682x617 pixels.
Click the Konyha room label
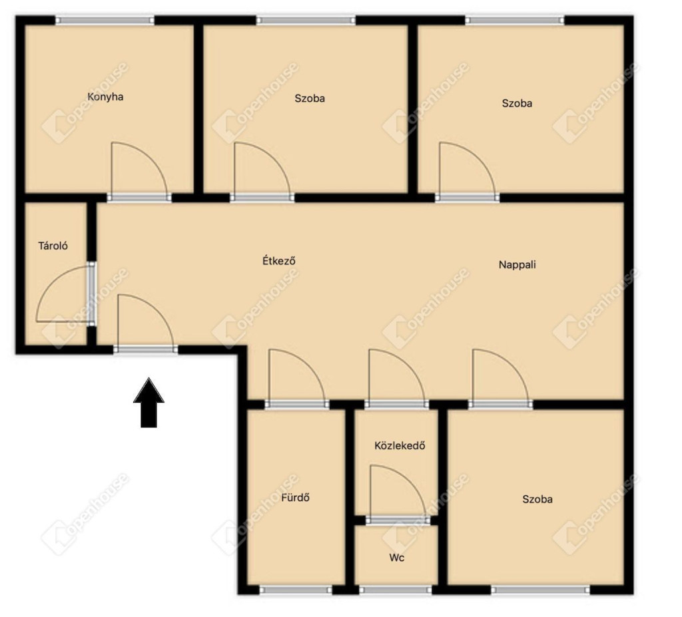click(x=105, y=97)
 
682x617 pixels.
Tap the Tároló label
click(x=53, y=246)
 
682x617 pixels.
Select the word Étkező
click(x=279, y=260)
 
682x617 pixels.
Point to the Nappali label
click(x=517, y=264)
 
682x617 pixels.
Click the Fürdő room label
click(x=295, y=497)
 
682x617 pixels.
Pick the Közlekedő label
click(x=400, y=445)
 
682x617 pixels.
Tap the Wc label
click(x=397, y=558)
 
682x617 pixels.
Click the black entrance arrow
click(x=149, y=403)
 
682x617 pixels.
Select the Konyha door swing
click(x=140, y=170)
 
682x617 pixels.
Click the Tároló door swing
click(x=65, y=294)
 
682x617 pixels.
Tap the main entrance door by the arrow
click(x=146, y=321)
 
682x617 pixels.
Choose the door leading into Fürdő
click(x=297, y=377)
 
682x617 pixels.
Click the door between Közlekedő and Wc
click(x=398, y=493)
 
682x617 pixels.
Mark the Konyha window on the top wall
click(x=105, y=20)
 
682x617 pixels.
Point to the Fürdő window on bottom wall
click(x=296, y=590)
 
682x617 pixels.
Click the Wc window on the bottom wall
click(x=396, y=590)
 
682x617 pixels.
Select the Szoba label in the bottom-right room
click(x=537, y=499)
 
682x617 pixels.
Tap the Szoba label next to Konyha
click(x=310, y=99)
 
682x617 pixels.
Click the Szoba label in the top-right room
click(x=517, y=103)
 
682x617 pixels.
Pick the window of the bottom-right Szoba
click(x=541, y=590)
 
